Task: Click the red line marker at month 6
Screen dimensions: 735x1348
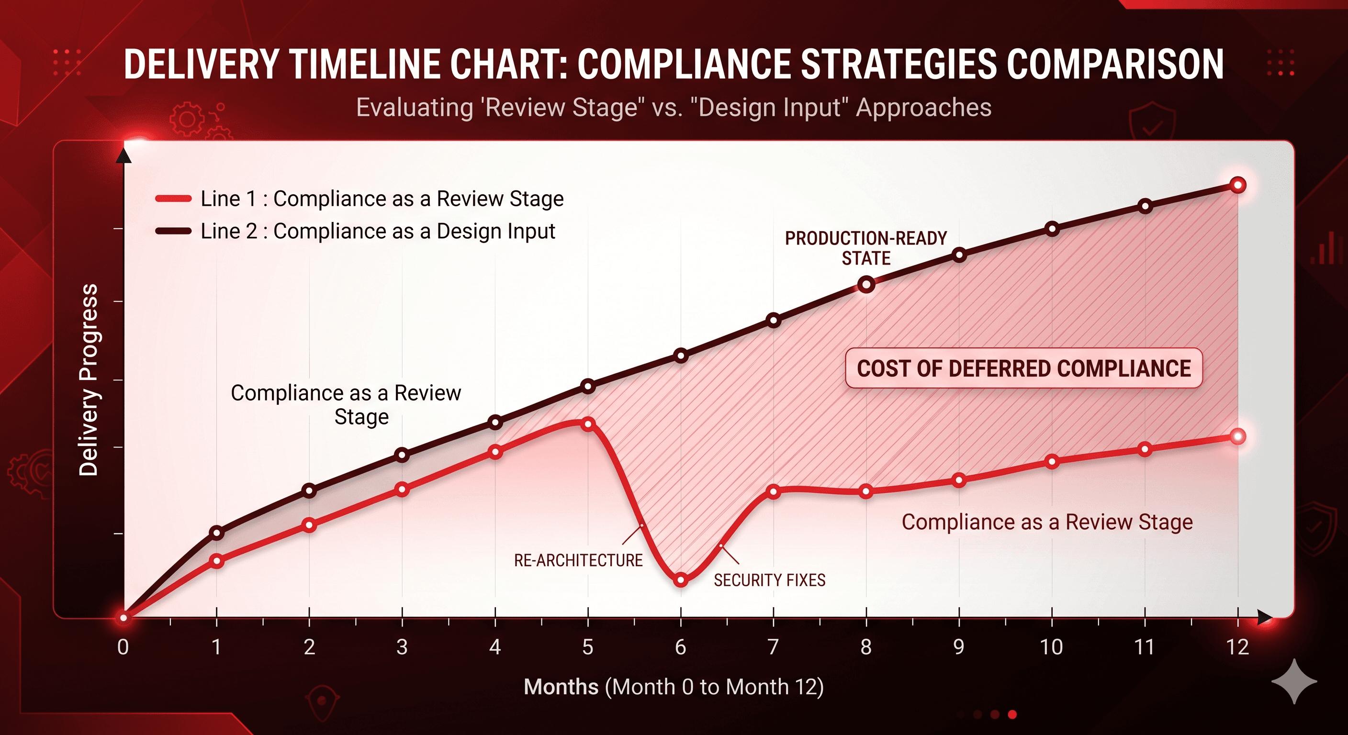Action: [x=681, y=579]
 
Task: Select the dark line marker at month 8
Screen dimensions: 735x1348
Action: [x=866, y=285]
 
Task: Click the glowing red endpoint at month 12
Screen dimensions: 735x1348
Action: [x=1237, y=436]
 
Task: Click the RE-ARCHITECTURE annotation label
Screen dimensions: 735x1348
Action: [x=578, y=560]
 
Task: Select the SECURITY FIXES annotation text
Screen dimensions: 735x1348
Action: [x=769, y=580]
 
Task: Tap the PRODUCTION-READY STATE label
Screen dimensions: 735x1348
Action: [x=865, y=248]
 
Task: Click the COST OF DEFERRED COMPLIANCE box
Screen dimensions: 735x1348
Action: [x=1023, y=368]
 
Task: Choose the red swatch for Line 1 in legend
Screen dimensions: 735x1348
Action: [x=173, y=199]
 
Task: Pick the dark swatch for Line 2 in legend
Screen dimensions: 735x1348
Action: [x=173, y=231]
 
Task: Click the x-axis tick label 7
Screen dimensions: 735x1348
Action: [x=773, y=647]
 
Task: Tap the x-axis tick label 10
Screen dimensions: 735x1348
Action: [x=1051, y=647]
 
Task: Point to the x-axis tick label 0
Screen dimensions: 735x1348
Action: [x=123, y=647]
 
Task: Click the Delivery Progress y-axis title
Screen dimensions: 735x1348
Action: [x=88, y=380]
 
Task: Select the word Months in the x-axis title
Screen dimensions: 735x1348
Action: [x=561, y=687]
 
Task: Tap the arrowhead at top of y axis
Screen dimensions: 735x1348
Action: [x=124, y=156]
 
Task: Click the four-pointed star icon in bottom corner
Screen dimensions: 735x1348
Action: [x=1293, y=681]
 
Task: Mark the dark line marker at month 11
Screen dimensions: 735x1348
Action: [x=1145, y=206]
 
